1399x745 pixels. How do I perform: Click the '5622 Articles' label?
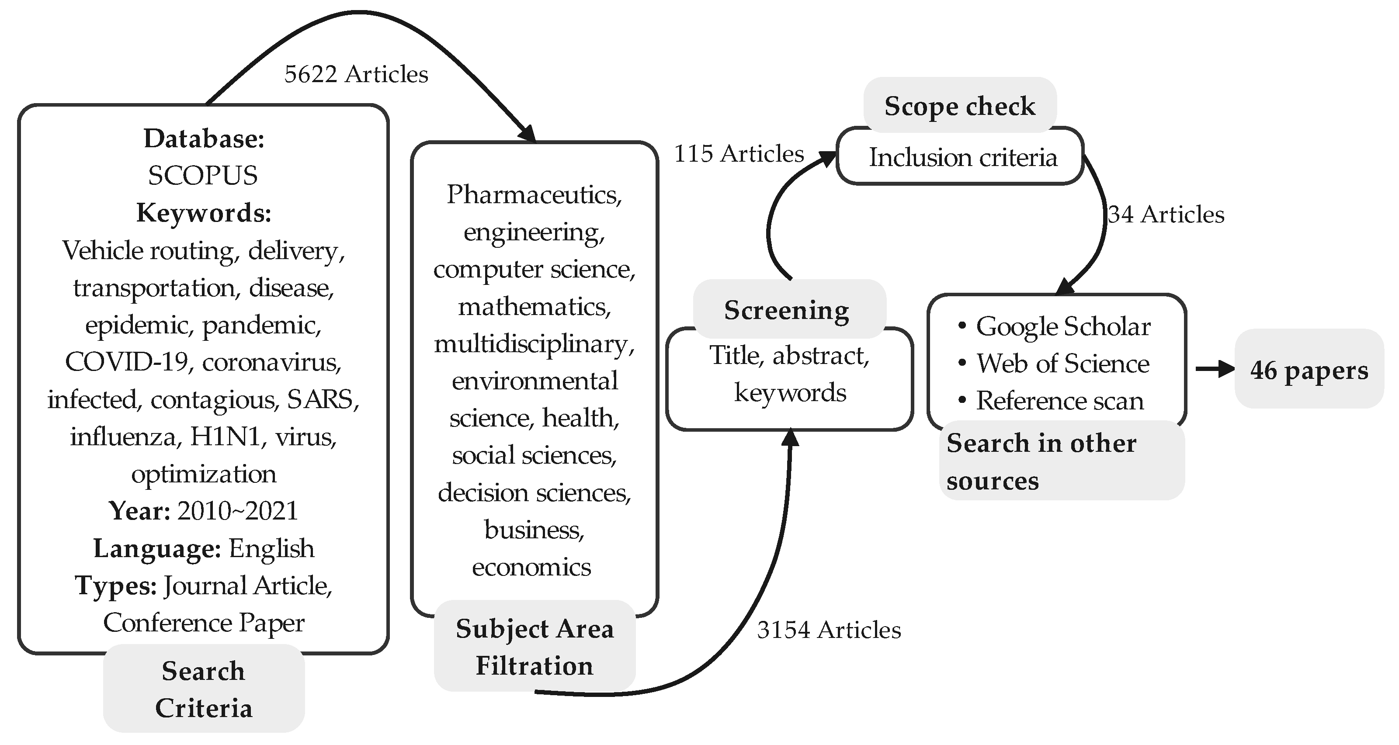click(356, 74)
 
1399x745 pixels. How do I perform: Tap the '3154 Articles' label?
click(829, 630)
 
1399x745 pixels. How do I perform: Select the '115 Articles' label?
click(739, 154)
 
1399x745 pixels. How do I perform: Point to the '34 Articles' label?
click(1166, 215)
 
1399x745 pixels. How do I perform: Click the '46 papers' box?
click(1309, 370)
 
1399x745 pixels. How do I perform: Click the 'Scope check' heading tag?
click(960, 106)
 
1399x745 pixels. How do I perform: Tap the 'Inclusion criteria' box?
click(963, 157)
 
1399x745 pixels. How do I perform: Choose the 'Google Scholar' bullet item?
click(1063, 326)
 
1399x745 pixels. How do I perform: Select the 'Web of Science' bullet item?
click(1062, 363)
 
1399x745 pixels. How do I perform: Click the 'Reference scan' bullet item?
click(1059, 401)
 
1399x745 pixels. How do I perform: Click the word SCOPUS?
click(202, 175)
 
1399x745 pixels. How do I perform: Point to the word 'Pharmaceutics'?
click(533, 194)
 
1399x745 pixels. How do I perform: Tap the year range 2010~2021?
click(237, 511)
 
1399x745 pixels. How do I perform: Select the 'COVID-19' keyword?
click(126, 362)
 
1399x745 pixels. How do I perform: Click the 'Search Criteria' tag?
click(204, 689)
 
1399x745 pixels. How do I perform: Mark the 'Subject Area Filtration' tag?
click(535, 647)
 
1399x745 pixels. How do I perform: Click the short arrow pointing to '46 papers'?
click(1215, 369)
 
